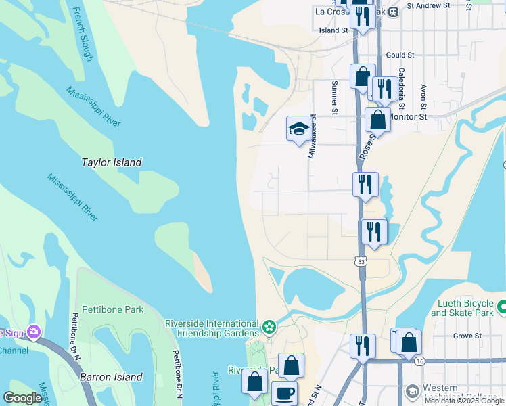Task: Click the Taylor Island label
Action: [x=112, y=162]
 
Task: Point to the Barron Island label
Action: [x=112, y=377]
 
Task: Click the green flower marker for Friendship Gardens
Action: [x=269, y=328]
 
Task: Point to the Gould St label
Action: [x=400, y=55]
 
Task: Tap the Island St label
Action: [x=333, y=30]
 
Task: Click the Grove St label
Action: [x=467, y=335]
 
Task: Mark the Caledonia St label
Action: [x=401, y=89]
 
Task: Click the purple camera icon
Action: [x=33, y=332]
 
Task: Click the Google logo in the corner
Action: [x=22, y=398]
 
